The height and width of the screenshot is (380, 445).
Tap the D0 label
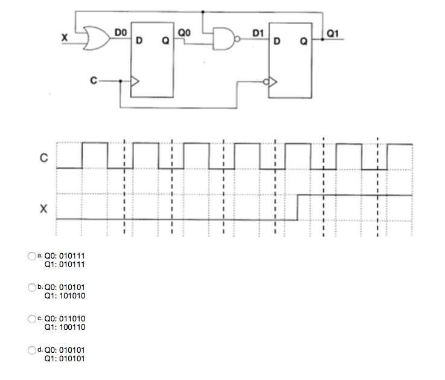[121, 31]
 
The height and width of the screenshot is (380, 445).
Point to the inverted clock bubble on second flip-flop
[266, 81]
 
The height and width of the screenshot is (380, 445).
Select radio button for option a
[33, 256]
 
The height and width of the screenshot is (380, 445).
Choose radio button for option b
[33, 288]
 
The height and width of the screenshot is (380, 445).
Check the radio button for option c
[33, 318]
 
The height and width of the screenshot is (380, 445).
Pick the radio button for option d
[33, 350]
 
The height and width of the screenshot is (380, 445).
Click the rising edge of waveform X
[298, 207]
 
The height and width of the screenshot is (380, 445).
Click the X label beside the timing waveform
[43, 209]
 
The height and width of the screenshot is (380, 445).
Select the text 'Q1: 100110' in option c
[65, 327]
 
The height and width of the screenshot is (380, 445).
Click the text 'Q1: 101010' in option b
[65, 296]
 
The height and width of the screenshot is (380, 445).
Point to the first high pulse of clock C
[95, 144]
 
